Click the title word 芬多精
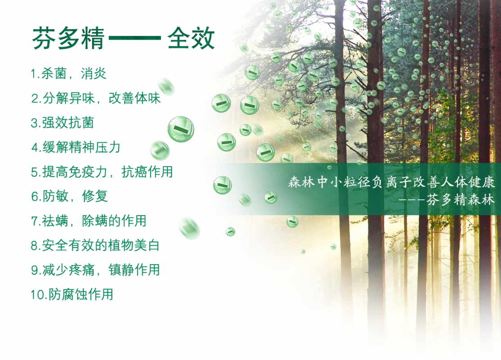68,39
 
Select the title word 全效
191,39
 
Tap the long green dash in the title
135,38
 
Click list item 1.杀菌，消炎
68,73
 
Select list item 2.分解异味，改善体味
95,98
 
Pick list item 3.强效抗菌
63,123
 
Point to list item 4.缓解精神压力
76,148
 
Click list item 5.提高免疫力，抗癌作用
102,172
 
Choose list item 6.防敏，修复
69,196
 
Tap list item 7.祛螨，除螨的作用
89,221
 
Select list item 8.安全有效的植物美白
95,246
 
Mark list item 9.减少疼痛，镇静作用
95,270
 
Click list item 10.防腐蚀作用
72,294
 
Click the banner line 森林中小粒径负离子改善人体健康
391,182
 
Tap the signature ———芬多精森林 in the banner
447,200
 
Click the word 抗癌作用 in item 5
147,172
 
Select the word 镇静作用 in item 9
134,270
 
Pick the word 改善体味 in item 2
134,98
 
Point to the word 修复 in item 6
95,196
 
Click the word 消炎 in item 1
93,73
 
